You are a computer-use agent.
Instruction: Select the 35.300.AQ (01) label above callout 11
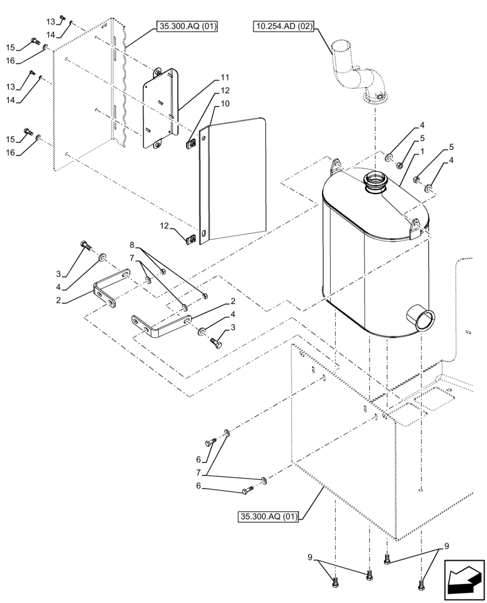[x=187, y=26]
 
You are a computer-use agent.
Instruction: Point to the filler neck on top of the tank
[x=376, y=182]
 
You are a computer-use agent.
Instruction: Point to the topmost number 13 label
[x=51, y=22]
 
